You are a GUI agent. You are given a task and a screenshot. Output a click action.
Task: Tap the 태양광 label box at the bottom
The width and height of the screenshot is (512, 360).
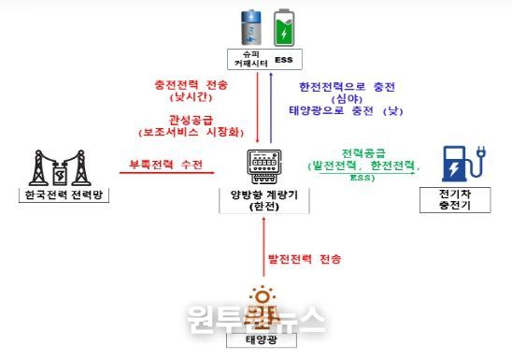263,341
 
